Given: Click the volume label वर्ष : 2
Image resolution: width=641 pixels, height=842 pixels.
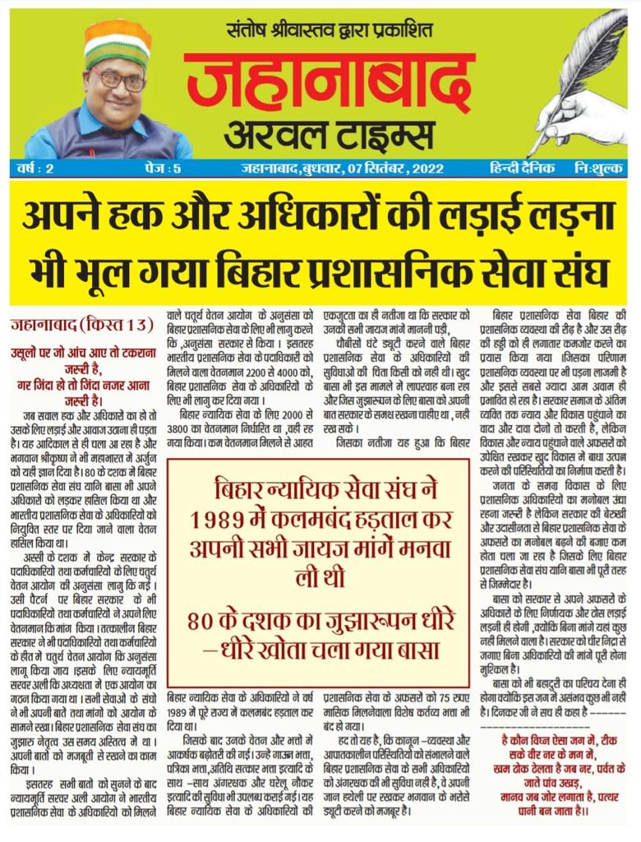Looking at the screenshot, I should tap(36, 169).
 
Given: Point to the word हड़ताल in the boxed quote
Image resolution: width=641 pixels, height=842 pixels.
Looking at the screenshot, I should tap(386, 520).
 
